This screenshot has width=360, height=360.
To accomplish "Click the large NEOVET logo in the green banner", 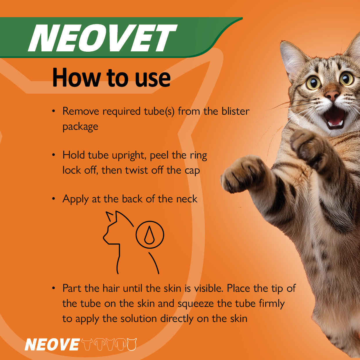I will (x=102, y=38).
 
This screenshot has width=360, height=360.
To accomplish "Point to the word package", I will (x=80, y=127).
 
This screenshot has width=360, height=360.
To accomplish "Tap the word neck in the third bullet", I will (x=187, y=199).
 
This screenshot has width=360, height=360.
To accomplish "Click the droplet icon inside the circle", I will (x=150, y=235).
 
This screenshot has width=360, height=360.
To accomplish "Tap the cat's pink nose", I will (x=332, y=95).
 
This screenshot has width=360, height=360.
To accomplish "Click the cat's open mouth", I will (x=335, y=116).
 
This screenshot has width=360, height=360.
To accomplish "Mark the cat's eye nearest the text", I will (x=314, y=83).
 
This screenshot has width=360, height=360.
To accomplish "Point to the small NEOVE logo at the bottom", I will (x=52, y=345).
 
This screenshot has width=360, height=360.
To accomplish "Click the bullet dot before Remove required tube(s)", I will (x=53, y=111).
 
